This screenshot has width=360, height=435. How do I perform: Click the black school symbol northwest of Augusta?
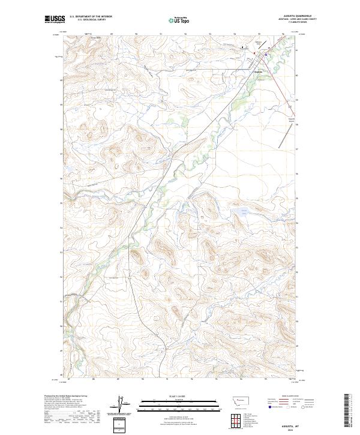(242, 47)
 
